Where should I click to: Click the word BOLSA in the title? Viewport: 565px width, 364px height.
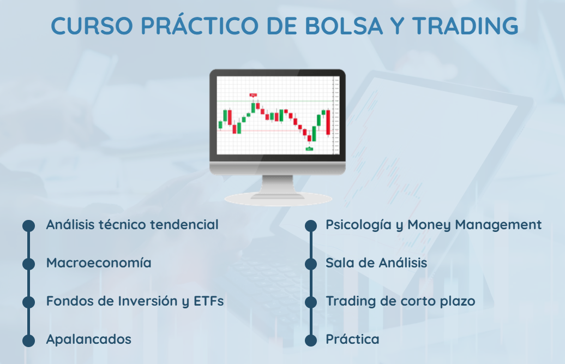pyautogui.click(x=344, y=26)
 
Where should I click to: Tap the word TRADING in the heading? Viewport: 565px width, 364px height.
pyautogui.click(x=465, y=26)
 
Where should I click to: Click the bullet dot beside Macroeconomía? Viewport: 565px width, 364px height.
pyautogui.click(x=29, y=264)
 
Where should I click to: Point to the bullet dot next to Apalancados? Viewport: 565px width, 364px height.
pyautogui.click(x=29, y=340)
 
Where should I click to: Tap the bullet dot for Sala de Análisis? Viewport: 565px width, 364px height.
pyautogui.click(x=311, y=264)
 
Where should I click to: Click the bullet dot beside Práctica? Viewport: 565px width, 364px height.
pyautogui.click(x=311, y=340)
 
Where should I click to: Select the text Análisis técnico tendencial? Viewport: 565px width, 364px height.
pyautogui.click(x=132, y=224)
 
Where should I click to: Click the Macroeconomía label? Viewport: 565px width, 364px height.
pyautogui.click(x=99, y=262)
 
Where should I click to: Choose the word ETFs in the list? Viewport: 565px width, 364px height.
pyautogui.click(x=209, y=301)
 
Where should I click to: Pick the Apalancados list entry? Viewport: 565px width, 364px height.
pyautogui.click(x=89, y=339)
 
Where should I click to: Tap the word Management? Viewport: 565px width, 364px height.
pyautogui.click(x=498, y=225)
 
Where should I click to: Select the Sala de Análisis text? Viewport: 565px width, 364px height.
pyautogui.click(x=376, y=262)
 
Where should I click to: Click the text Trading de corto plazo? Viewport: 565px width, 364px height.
pyautogui.click(x=400, y=301)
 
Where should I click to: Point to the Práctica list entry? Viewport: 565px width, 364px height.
pyautogui.click(x=352, y=339)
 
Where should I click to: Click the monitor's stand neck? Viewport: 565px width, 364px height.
pyautogui.click(x=278, y=184)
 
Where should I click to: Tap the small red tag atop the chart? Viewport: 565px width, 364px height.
pyautogui.click(x=253, y=95)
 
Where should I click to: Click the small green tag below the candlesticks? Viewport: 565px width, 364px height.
pyautogui.click(x=309, y=148)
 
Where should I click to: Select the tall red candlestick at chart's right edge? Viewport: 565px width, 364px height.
pyautogui.click(x=328, y=123)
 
